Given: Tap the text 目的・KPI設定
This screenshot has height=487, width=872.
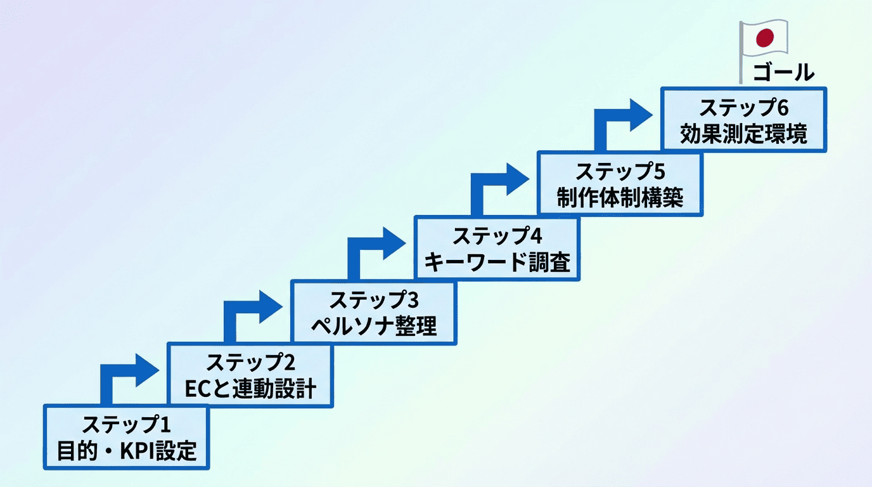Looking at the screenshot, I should [x=127, y=451].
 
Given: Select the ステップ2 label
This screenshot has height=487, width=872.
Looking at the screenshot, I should [x=250, y=363].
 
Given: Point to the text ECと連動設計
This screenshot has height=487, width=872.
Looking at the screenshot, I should [x=250, y=389].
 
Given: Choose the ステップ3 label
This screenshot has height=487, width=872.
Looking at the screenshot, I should [x=374, y=299].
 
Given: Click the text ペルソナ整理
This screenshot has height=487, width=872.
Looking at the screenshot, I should [x=374, y=326].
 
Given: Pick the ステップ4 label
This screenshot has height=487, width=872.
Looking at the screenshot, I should [x=497, y=236].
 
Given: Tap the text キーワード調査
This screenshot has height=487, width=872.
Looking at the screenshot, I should [x=497, y=262].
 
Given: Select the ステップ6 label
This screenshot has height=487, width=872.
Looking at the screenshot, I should [x=744, y=108].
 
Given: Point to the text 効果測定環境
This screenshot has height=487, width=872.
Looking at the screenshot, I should [x=744, y=135].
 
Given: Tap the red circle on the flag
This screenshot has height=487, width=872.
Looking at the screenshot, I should [x=766, y=38].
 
